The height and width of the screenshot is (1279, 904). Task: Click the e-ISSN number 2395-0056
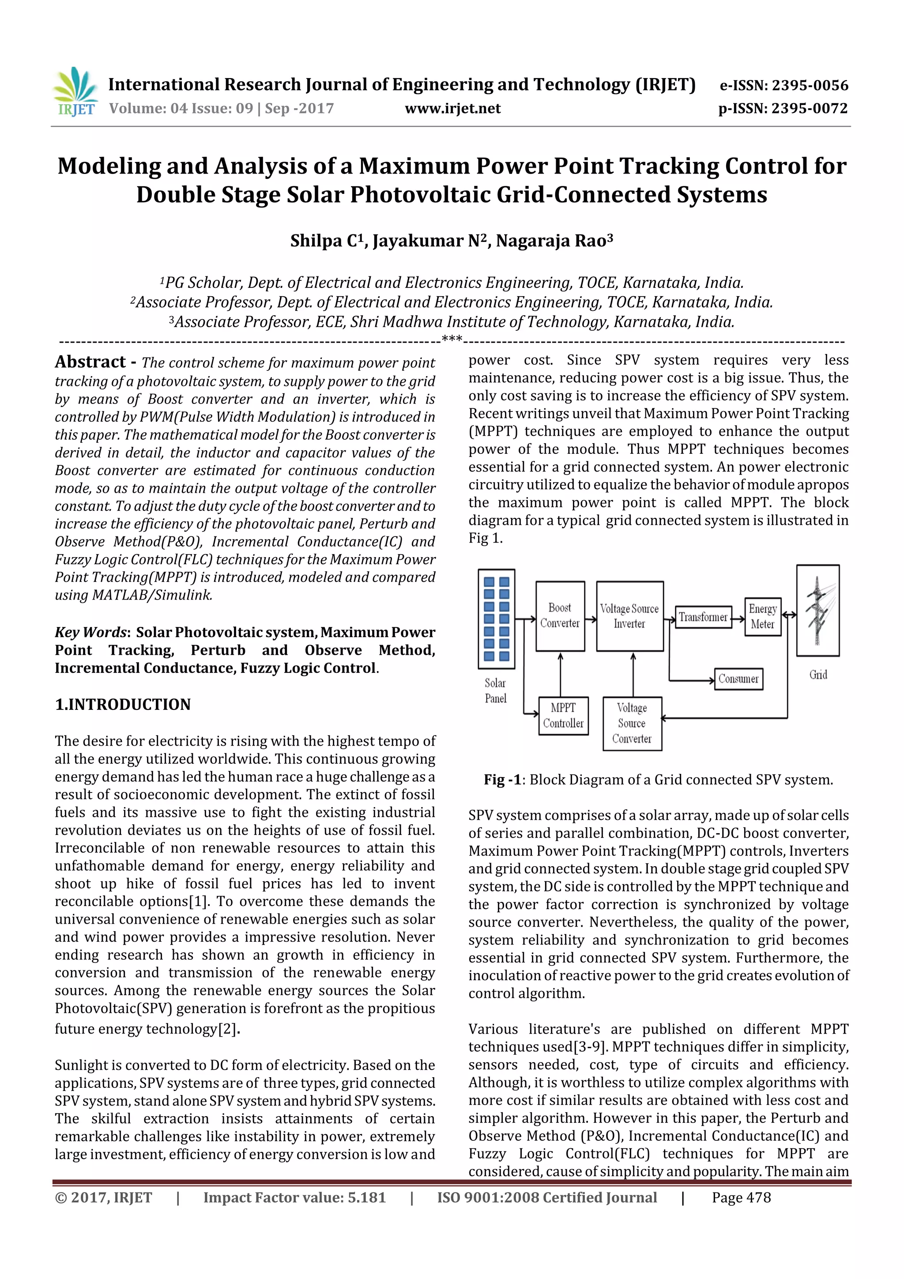(x=809, y=86)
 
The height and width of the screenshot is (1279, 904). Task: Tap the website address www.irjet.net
(x=452, y=109)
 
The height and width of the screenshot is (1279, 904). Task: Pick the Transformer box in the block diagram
(x=703, y=617)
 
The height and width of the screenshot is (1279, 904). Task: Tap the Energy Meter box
(x=762, y=617)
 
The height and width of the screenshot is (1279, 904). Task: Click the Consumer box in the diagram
(x=738, y=679)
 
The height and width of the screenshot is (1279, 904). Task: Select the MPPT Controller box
(x=563, y=716)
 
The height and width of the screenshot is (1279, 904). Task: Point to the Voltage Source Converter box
(x=632, y=724)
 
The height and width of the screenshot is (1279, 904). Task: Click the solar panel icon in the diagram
(x=496, y=619)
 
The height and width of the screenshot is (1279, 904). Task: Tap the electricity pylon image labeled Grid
(x=817, y=611)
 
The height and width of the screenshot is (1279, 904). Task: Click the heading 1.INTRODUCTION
(x=123, y=705)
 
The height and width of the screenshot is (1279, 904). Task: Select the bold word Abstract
(x=90, y=362)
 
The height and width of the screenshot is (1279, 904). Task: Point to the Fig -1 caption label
(x=502, y=780)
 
